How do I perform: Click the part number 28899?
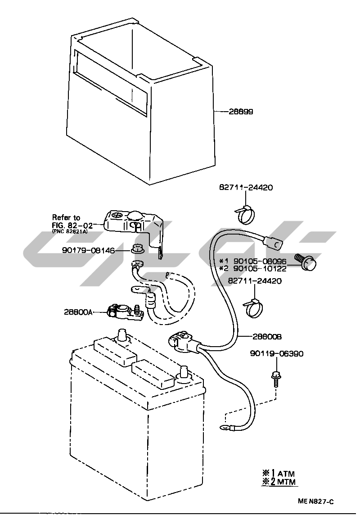[241, 112]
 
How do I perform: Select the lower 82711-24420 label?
[255, 281]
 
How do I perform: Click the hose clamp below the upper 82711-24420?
[245, 215]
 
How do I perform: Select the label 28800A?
[79, 312]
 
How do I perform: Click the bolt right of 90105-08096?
[307, 262]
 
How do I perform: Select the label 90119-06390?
[276, 354]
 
